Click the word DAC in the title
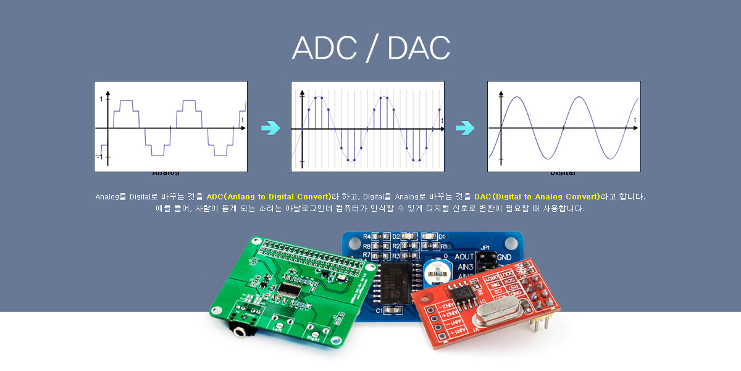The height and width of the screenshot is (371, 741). [x=419, y=48]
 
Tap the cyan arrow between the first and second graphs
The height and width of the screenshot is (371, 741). [x=270, y=128]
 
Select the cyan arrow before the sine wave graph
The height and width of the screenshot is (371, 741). [x=465, y=128]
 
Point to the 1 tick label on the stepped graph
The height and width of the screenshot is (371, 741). [x=101, y=99]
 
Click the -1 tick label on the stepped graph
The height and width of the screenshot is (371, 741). [x=99, y=157]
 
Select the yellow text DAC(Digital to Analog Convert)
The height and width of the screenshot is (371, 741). [x=537, y=196]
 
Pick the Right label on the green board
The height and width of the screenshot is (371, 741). [x=313, y=338]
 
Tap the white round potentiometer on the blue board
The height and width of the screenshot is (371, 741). [x=437, y=270]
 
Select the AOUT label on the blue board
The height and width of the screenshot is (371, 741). [x=464, y=256]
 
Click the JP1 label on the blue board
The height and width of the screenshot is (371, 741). [x=485, y=247]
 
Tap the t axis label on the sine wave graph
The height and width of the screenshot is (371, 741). [x=635, y=119]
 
